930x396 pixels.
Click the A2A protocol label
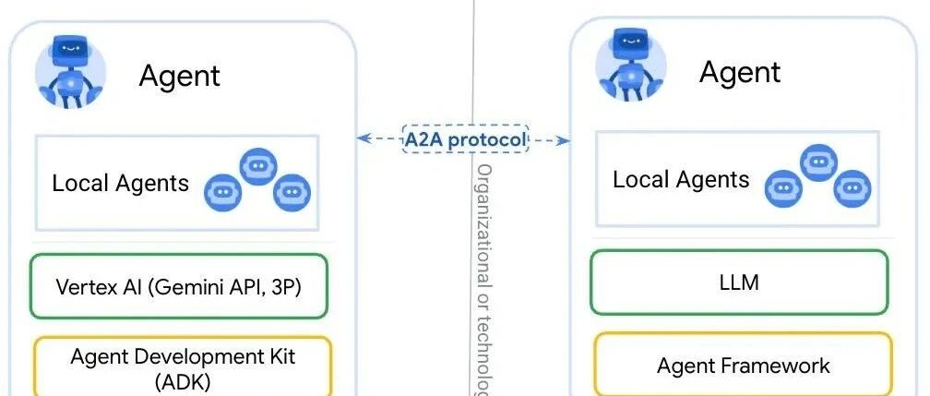coord(465,139)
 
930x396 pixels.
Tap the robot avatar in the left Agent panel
coord(70,72)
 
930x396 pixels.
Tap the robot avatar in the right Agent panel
coord(631,67)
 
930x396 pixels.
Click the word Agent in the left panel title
coord(179,77)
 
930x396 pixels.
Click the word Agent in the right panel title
coord(740,73)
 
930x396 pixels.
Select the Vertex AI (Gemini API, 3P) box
coord(179,287)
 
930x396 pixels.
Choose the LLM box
coord(739,282)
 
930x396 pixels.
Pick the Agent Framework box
coord(744,365)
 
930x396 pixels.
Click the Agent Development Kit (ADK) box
coord(183,366)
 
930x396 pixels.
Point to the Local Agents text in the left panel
coord(120,183)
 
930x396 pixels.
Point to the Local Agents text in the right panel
coord(681,179)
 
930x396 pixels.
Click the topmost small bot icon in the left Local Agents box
coord(258,166)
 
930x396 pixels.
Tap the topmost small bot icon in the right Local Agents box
coord(819,162)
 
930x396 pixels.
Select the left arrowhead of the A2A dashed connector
coord(363,139)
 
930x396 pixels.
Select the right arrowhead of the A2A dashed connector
coord(564,140)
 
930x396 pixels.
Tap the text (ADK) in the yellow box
coord(183,382)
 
